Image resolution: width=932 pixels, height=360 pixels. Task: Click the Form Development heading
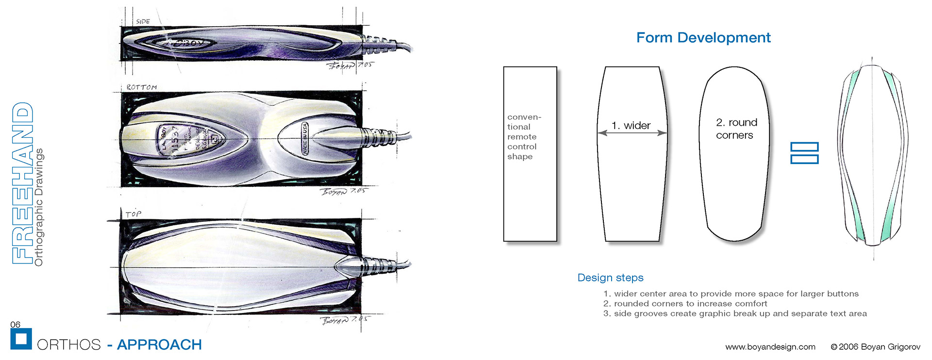703,37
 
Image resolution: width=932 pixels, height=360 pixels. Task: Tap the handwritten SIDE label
143,21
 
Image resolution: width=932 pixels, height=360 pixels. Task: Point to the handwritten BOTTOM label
141,87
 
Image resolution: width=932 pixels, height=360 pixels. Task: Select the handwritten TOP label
133,214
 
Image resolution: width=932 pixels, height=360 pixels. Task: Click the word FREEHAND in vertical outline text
23,183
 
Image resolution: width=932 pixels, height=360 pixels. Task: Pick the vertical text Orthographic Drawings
39,207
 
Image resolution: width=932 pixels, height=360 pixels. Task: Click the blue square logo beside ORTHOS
21,339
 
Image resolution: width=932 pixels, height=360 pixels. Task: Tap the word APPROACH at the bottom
159,344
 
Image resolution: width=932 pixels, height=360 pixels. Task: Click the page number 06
16,324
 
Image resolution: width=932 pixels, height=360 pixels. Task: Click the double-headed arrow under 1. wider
632,132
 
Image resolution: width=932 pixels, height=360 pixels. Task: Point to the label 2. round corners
736,129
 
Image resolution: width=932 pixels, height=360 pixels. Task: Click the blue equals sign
804,153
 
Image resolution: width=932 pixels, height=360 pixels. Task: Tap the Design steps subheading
610,278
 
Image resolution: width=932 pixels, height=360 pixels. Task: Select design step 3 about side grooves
735,313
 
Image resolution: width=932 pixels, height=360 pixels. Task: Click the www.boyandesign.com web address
770,346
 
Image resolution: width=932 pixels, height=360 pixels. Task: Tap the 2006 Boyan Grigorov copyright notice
875,346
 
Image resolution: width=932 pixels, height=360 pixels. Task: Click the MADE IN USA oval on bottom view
305,138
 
